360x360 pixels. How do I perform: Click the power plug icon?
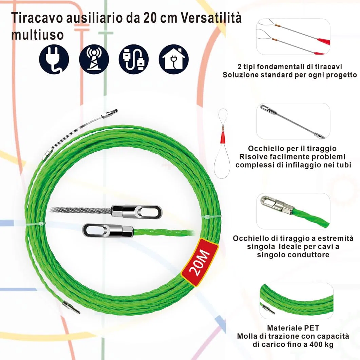tap(54, 59)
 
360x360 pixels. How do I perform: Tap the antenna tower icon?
tap(94, 59)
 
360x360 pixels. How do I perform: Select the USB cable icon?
tap(134, 59)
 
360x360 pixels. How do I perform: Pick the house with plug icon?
tap(174, 59)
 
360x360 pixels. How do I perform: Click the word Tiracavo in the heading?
tap(37, 18)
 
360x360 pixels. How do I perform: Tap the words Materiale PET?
tap(293, 328)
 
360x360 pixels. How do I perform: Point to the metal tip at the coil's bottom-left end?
tap(71, 307)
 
